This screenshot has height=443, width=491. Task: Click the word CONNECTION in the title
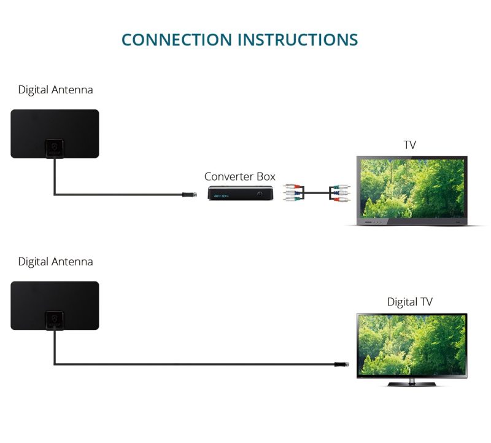click(x=177, y=39)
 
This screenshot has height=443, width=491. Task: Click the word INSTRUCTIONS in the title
click(x=298, y=39)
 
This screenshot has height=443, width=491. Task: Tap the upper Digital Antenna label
click(x=55, y=90)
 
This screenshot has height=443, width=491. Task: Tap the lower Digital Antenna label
click(x=55, y=262)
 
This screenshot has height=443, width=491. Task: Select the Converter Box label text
click(x=240, y=176)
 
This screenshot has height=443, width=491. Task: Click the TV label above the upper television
click(x=410, y=145)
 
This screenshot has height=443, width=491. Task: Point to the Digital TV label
click(x=409, y=302)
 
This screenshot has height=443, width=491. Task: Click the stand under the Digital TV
click(x=412, y=383)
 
